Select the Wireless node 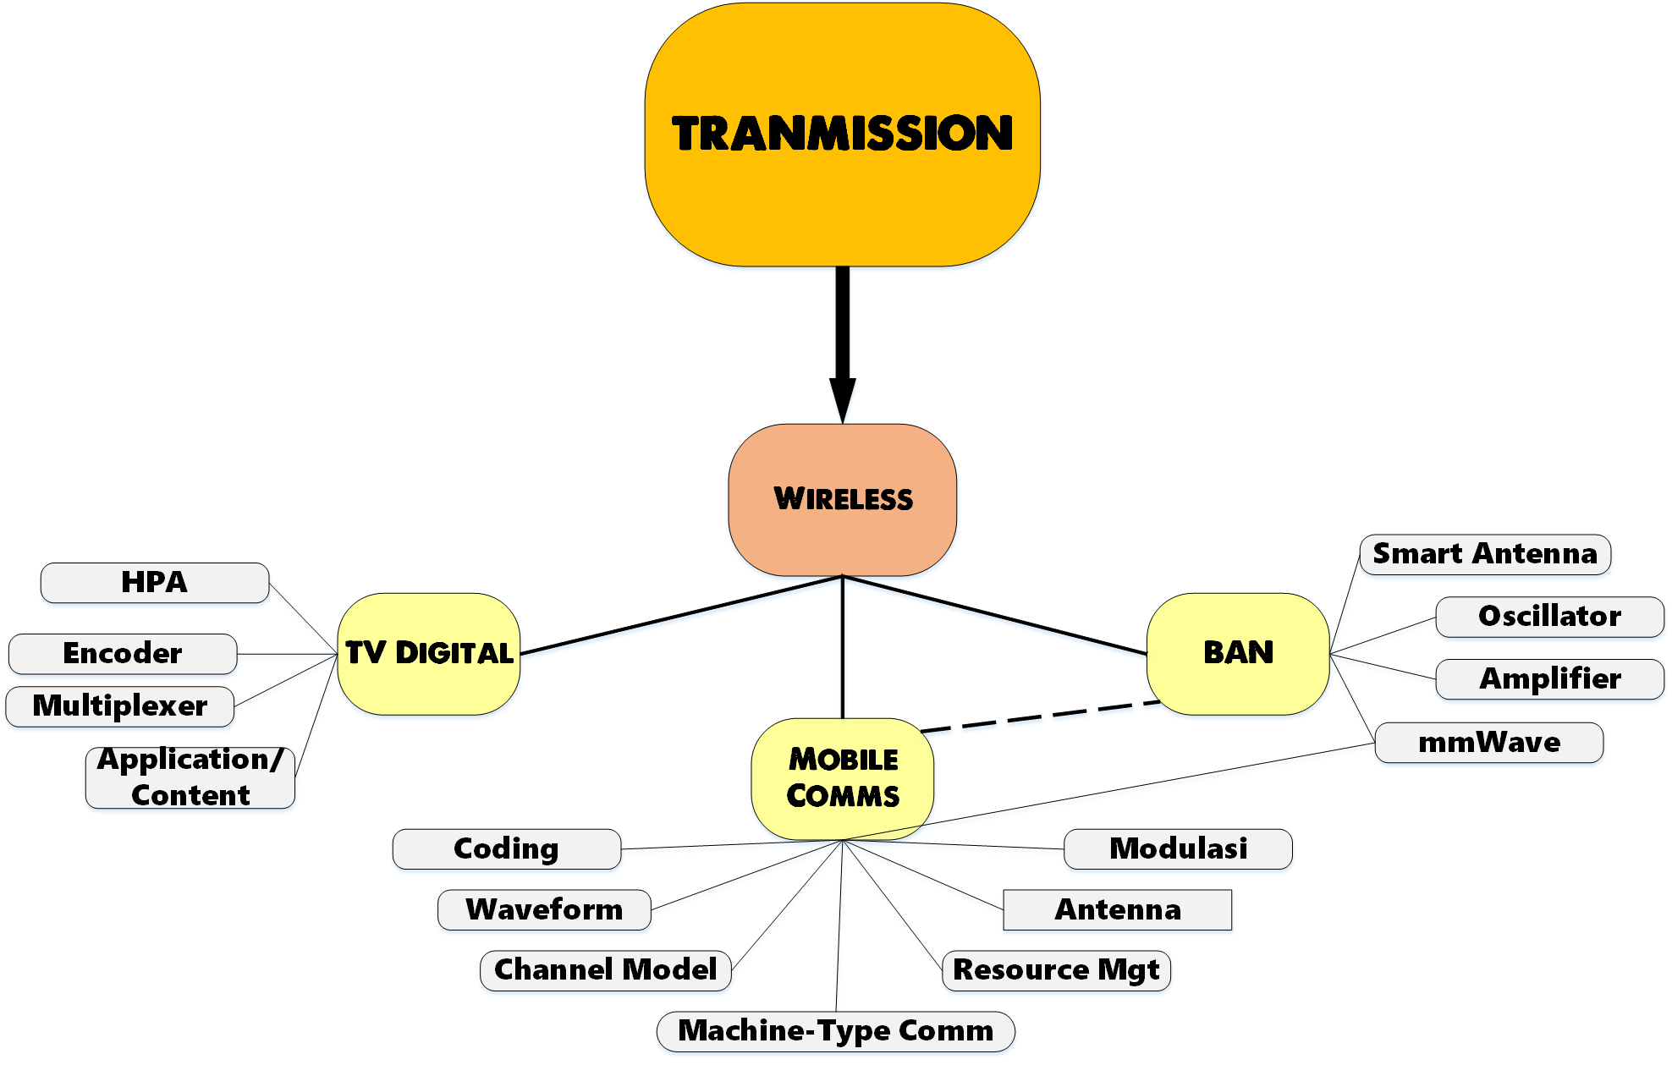point(842,499)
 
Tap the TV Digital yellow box point(428,653)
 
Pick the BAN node point(1237,653)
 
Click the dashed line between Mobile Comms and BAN point(1041,716)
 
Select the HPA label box point(155,583)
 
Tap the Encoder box point(123,654)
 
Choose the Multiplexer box point(119,706)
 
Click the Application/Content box point(190,777)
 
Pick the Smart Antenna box point(1484,554)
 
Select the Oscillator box point(1548,617)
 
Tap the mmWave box point(1488,743)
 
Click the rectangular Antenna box point(1117,910)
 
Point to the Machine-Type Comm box point(835,1031)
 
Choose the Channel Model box point(605,970)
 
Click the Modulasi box point(1177,848)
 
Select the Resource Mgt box point(1055,970)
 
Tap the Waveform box point(544,910)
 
